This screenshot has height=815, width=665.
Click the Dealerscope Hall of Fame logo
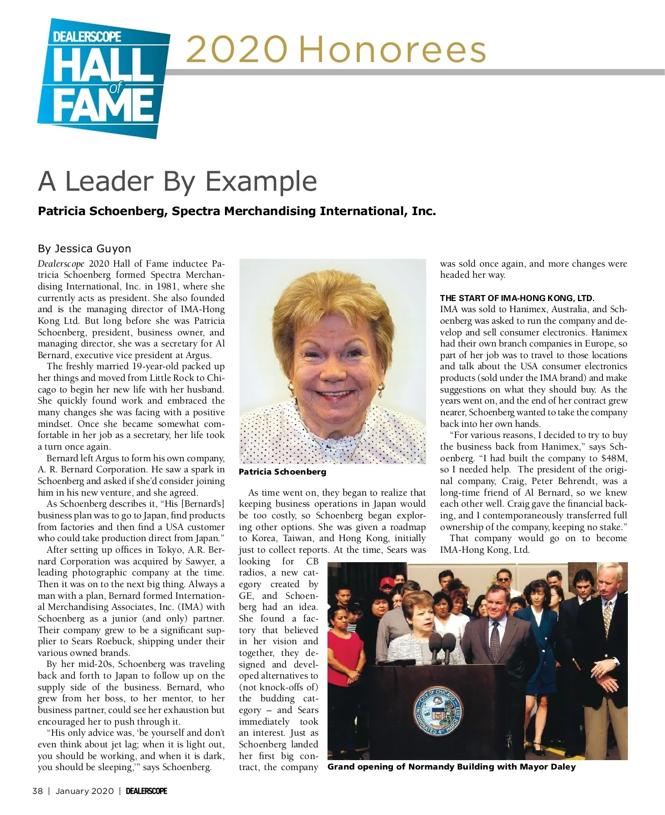[104, 78]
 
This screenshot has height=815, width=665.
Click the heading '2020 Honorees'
[336, 50]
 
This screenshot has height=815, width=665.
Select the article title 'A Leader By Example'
[178, 181]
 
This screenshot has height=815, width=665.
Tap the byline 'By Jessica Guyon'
[84, 248]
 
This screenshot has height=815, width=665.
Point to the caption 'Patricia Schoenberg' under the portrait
[282, 472]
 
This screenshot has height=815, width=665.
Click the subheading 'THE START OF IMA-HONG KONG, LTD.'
[516, 298]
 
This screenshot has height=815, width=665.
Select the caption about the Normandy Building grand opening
[451, 767]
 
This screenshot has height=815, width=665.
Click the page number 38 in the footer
[37, 791]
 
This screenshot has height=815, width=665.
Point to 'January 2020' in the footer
[84, 791]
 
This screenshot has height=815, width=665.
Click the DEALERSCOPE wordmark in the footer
[146, 791]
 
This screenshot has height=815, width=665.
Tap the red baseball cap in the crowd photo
[386, 582]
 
